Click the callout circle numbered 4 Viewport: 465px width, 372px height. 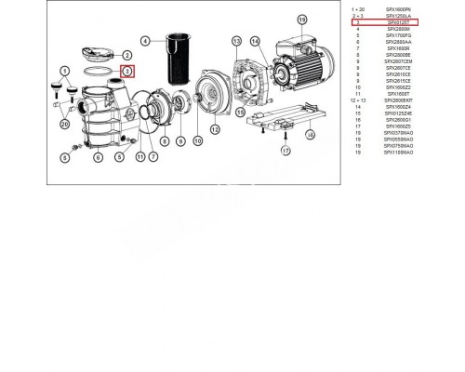click(x=145, y=42)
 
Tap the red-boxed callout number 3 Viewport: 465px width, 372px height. click(x=127, y=71)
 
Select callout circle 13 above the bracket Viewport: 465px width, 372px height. click(x=237, y=41)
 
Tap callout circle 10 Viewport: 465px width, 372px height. click(x=198, y=141)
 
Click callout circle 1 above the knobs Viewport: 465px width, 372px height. click(x=65, y=71)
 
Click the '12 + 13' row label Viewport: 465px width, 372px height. click(x=360, y=100)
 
